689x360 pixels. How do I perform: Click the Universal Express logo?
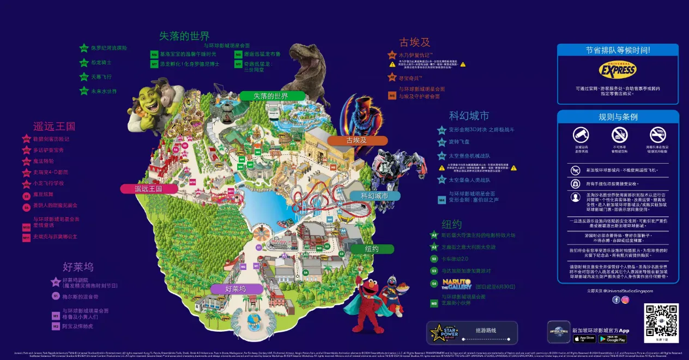(x=618, y=70)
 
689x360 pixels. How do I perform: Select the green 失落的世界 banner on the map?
(x=271, y=96)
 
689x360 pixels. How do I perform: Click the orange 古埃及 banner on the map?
(x=358, y=140)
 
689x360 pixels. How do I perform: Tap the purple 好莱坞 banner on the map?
(x=235, y=289)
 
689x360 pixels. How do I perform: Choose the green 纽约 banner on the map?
(x=372, y=249)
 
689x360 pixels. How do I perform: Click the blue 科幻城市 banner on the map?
(x=374, y=196)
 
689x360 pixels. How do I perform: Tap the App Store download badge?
(x=584, y=339)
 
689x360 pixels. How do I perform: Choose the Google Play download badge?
(x=612, y=339)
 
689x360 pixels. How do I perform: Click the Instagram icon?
(x=625, y=299)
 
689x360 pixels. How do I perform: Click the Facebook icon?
(x=616, y=299)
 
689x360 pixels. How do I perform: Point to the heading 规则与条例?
(x=618, y=117)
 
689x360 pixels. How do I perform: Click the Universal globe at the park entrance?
(x=253, y=320)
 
